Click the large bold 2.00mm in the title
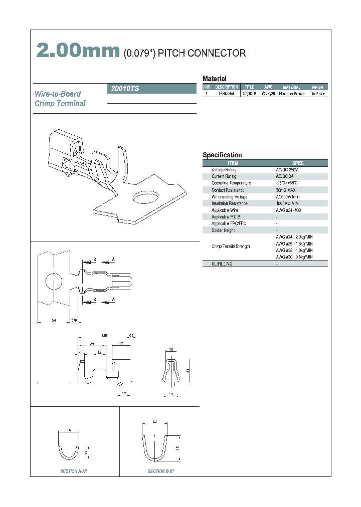(x=77, y=51)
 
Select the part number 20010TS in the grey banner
(x=123, y=89)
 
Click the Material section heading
(x=214, y=79)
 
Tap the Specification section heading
(x=222, y=155)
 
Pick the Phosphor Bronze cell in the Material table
(x=291, y=94)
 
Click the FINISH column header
(x=317, y=87)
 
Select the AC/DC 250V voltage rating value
(x=287, y=170)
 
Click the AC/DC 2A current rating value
(x=285, y=176)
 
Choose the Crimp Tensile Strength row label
(x=231, y=246)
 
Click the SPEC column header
(x=298, y=163)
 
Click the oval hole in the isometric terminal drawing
(x=145, y=197)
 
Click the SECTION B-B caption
(x=161, y=471)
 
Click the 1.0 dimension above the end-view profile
(x=171, y=349)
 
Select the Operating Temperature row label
(x=231, y=183)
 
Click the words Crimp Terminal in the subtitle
(x=60, y=104)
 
